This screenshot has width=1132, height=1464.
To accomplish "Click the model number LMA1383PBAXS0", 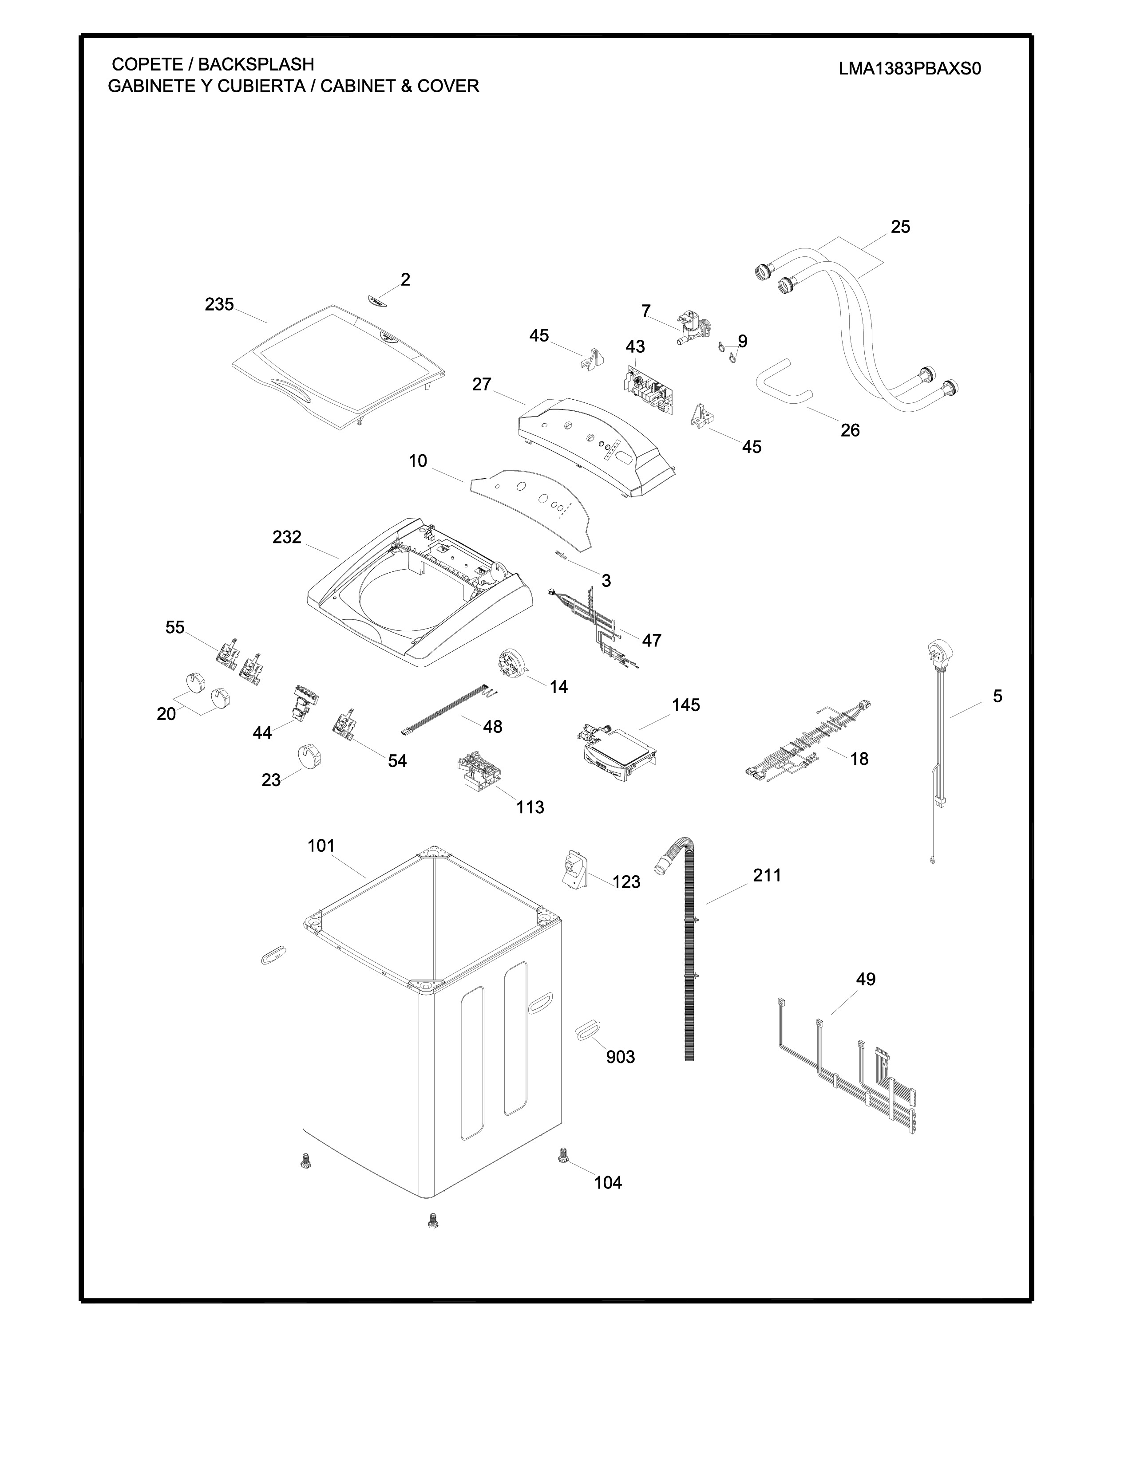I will [x=909, y=69].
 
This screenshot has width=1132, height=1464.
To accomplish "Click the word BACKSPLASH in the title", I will [x=256, y=64].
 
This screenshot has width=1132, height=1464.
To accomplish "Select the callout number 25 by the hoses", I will [x=900, y=227].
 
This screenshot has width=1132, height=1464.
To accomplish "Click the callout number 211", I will [x=767, y=875].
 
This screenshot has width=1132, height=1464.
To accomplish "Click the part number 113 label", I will [x=530, y=807].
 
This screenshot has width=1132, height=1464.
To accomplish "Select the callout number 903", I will [x=620, y=1057].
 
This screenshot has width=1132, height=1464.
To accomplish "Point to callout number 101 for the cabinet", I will [x=321, y=846].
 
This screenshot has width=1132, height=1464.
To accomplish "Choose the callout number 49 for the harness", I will [x=865, y=980].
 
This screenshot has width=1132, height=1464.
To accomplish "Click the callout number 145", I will [x=685, y=705].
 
